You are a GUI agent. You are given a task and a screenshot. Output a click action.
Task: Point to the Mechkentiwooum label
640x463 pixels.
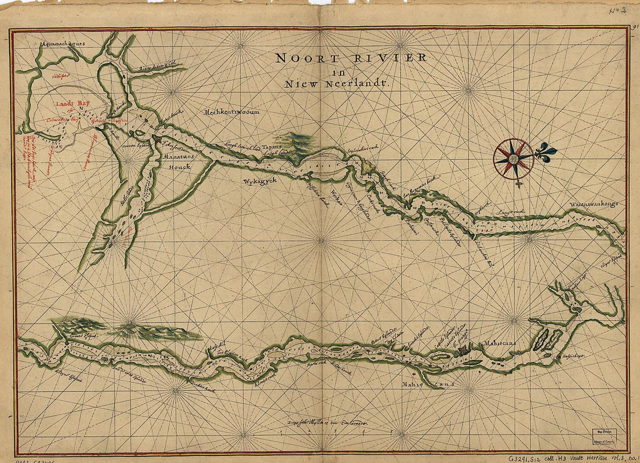[x=232, y=112]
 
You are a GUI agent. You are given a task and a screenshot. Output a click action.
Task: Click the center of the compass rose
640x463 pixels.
[x=514, y=158]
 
